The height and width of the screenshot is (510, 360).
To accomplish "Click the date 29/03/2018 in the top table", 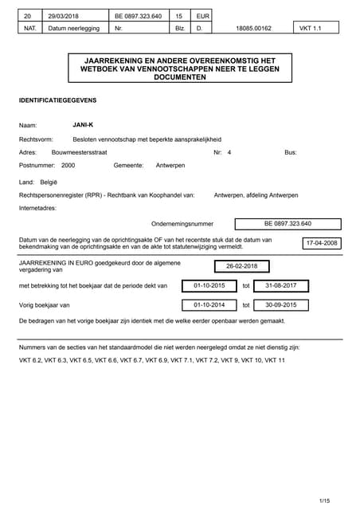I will pos(61,15).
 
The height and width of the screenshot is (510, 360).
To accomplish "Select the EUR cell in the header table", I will pos(202,15).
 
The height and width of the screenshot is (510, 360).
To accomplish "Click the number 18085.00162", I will pos(254,28).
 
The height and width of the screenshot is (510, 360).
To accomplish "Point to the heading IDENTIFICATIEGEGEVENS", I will pos(57,100).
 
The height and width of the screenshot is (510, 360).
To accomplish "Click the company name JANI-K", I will pos(83,125).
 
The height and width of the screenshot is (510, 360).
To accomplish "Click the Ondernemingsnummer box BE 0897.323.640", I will pos(288,224).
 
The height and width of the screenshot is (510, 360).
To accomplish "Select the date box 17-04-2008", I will pos(322,243).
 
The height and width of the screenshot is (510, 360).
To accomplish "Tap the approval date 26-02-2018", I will pos(241,266).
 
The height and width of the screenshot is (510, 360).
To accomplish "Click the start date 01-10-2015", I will pos(209,285).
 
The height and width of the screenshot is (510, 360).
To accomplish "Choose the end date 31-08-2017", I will pos(280,285).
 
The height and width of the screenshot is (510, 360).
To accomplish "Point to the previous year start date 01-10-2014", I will pos(209,304).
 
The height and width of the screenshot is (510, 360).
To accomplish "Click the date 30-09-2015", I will pos(280,304).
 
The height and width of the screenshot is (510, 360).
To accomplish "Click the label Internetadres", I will pos(37,208).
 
